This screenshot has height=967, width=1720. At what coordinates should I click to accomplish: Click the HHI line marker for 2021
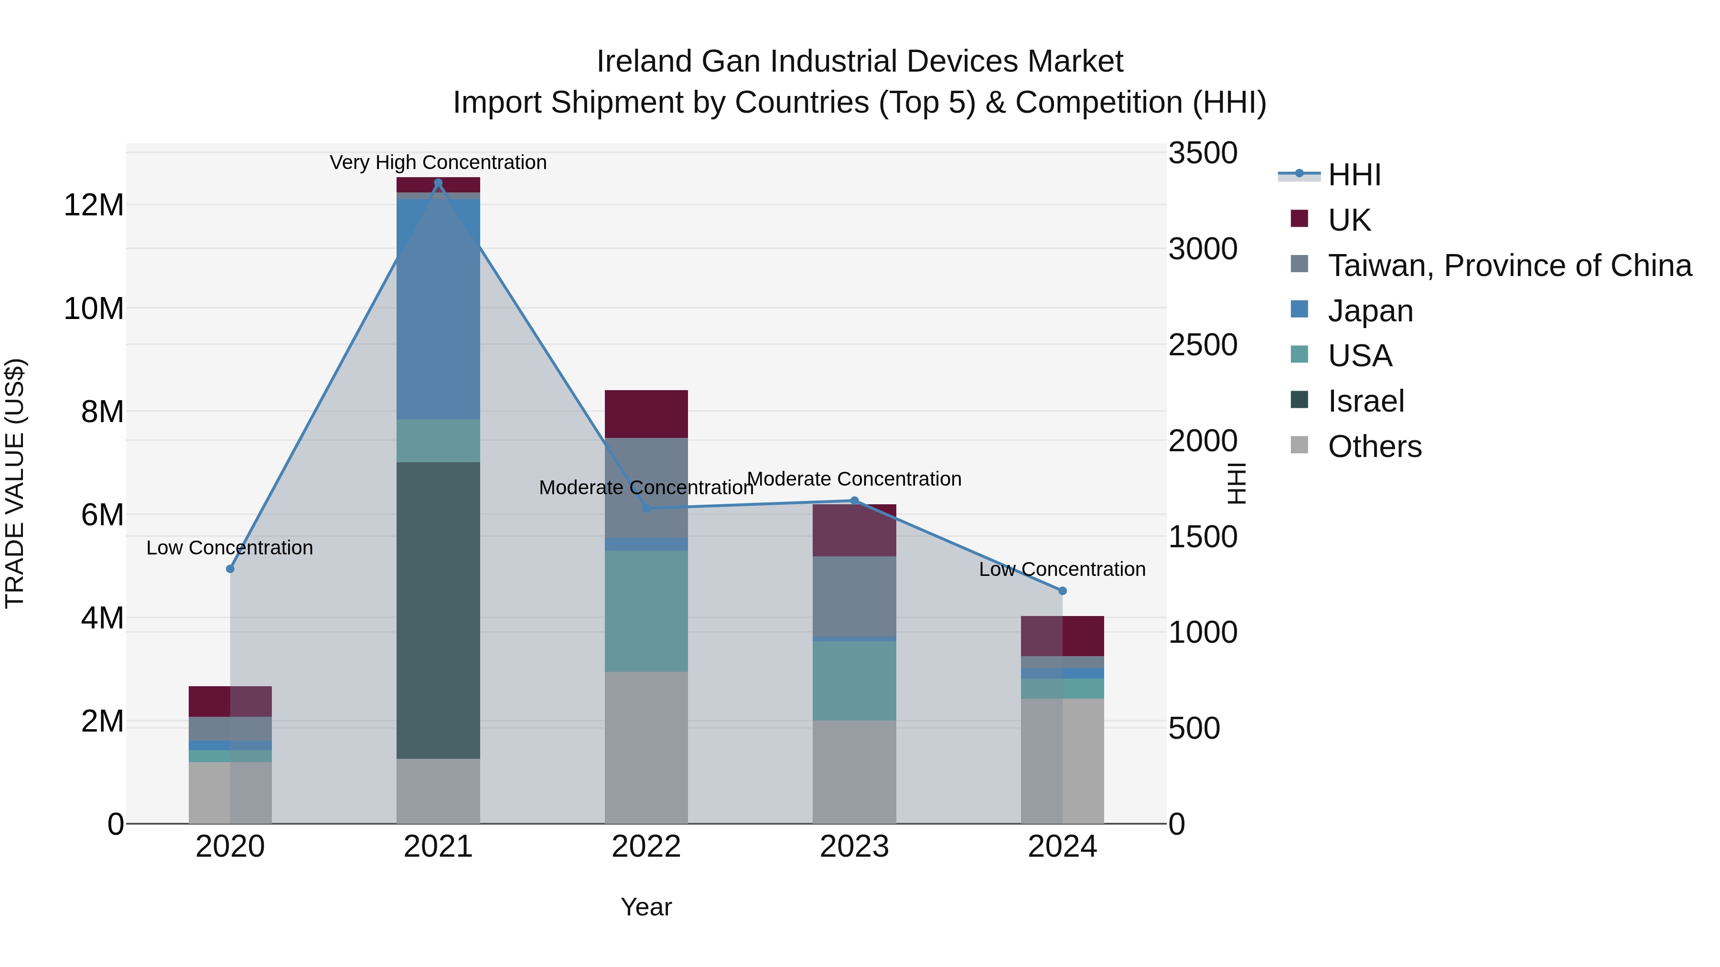[x=438, y=183]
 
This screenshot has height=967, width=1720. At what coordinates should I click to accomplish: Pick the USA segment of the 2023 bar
[x=854, y=680]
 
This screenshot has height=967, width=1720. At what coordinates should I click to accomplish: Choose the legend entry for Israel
[x=1365, y=401]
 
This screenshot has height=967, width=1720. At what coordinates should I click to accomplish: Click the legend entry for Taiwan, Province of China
[x=1509, y=265]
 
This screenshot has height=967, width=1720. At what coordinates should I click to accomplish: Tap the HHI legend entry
[x=1354, y=175]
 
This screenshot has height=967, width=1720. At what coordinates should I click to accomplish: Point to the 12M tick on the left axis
[x=94, y=205]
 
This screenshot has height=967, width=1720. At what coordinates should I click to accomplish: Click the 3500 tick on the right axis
[x=1203, y=153]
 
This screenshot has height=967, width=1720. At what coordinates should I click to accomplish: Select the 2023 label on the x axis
[x=854, y=847]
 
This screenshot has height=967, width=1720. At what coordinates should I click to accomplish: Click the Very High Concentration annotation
[x=438, y=162]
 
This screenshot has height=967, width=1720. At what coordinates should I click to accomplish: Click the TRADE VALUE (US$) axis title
[x=15, y=483]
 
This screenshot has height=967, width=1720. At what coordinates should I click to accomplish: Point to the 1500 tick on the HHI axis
[x=1203, y=537]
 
